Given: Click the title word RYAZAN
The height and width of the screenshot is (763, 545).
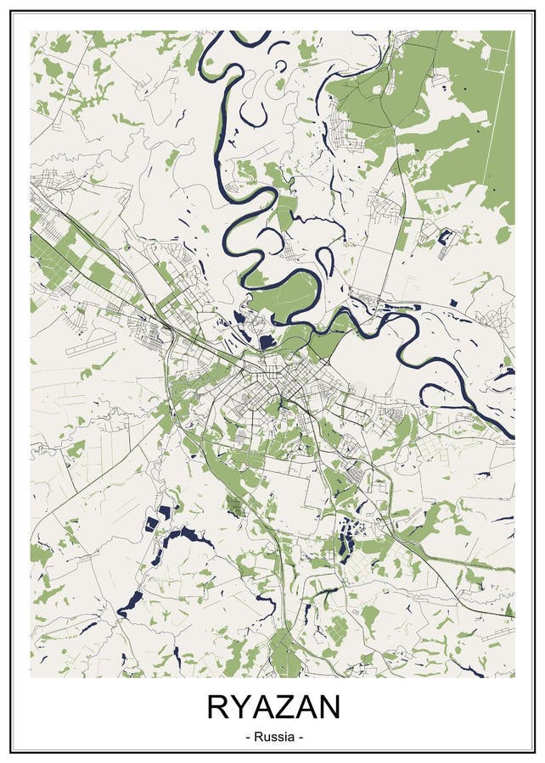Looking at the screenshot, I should (272, 706).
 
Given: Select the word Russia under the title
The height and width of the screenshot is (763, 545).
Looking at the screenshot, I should (272, 737).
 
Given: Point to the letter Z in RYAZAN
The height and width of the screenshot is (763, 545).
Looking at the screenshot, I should (284, 706).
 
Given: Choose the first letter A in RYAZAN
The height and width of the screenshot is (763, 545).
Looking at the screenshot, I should (262, 706).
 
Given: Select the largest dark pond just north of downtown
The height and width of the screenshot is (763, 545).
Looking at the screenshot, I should (267, 343).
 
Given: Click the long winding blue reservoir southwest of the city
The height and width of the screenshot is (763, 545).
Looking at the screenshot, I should (183, 537).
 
